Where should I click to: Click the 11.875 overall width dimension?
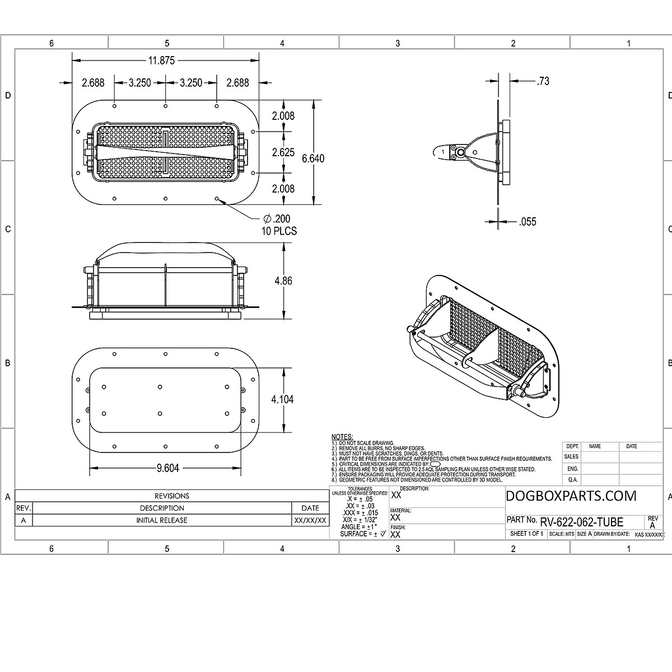tap(161, 60)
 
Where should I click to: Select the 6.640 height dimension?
tap(313, 158)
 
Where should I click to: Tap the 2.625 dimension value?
tap(283, 152)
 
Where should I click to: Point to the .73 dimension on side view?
tap(543, 81)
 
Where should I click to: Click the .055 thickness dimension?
tap(528, 222)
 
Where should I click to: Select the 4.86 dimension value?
tap(283, 281)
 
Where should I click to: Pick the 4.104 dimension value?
tap(282, 399)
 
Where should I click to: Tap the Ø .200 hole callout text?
tap(277, 218)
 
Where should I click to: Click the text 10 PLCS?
tap(278, 231)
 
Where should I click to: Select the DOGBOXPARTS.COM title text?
tap(571, 496)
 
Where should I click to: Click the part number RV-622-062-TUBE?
tap(581, 522)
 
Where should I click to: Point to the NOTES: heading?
tap(342, 437)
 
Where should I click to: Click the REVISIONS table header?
tap(172, 496)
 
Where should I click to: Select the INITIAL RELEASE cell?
tap(162, 520)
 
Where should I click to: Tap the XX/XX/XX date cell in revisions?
tap(310, 520)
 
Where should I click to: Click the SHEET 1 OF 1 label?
tap(526, 534)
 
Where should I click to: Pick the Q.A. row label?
tap(572, 480)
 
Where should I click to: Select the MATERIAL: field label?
tap(401, 511)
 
